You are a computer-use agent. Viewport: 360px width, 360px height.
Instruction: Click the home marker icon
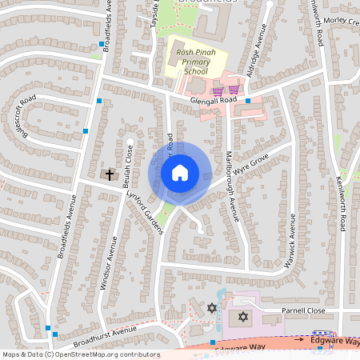point(179,172)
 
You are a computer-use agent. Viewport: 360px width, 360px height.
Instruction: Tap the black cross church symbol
point(110,174)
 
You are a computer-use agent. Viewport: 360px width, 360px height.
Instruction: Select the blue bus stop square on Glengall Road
point(248,101)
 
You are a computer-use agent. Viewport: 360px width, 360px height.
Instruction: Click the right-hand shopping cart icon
point(234,90)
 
